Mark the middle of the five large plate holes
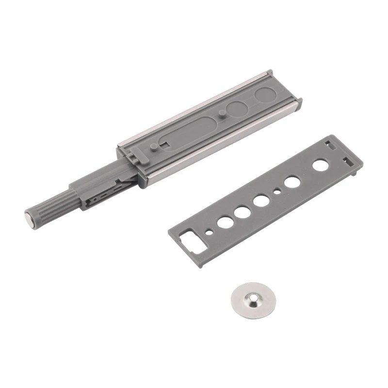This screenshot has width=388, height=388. pos(261,201)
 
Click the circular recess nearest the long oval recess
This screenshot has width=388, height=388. pos(237,110)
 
